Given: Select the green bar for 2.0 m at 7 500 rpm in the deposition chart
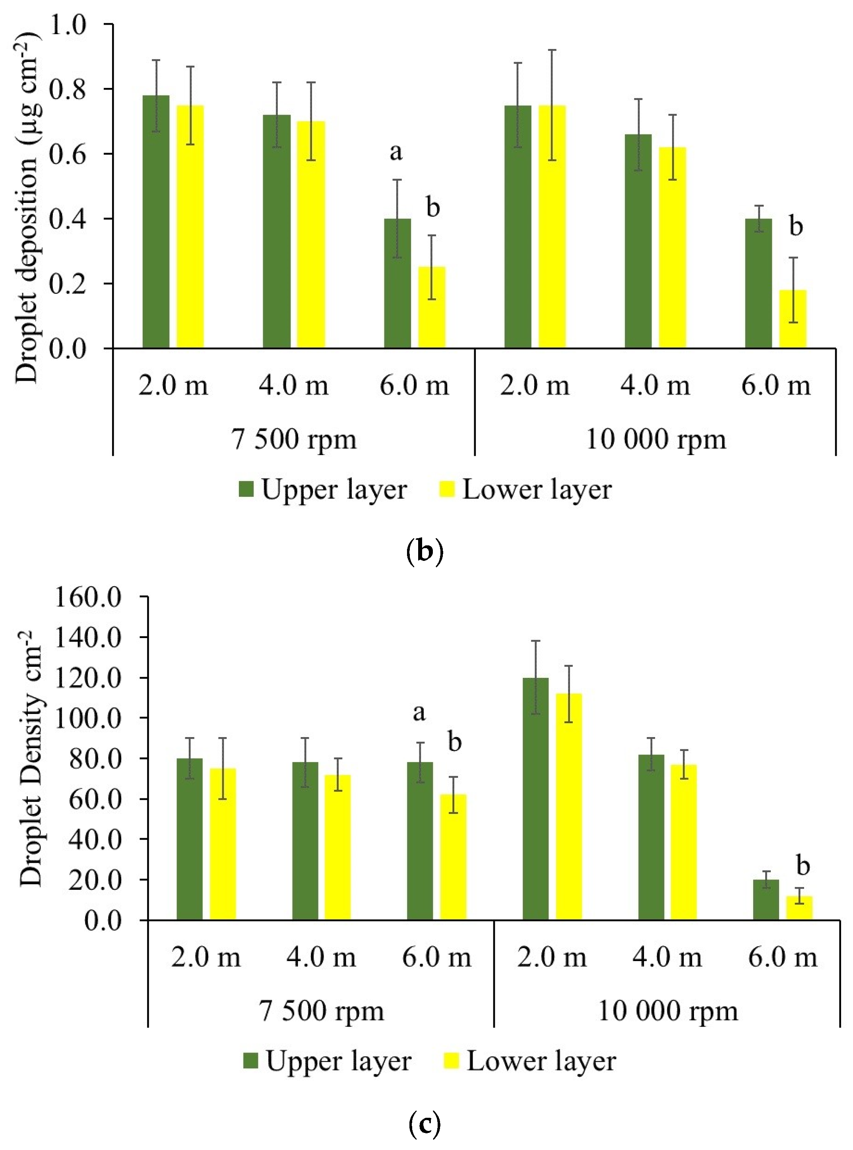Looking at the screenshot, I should [156, 222].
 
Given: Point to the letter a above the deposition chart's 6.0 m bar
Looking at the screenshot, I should [395, 152].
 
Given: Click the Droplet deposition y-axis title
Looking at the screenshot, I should [27, 206].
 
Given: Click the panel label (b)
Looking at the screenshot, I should [425, 552].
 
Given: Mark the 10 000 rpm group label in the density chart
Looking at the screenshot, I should [668, 1011].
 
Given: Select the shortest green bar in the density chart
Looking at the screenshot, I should [766, 901].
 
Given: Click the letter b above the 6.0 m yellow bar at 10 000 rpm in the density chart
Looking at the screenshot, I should [803, 866].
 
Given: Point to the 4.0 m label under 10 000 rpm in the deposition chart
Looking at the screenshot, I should [655, 385].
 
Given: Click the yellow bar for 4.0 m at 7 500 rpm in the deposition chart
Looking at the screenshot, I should [311, 235].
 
